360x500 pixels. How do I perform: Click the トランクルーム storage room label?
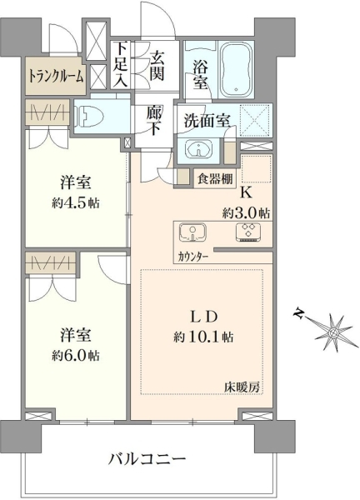click(57, 76)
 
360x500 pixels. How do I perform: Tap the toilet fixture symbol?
click(89, 115)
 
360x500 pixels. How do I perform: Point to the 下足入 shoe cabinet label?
click(121, 64)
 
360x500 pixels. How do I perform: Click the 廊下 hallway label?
click(154, 121)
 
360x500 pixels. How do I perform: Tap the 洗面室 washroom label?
click(207, 121)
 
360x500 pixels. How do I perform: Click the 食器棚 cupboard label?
click(215, 179)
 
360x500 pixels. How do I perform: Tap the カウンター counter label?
click(193, 257)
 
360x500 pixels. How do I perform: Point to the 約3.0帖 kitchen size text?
click(246, 212)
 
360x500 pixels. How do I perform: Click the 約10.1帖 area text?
click(203, 337)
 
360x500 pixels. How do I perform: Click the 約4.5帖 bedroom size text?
click(76, 203)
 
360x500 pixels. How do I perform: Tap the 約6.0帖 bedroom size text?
click(76, 355)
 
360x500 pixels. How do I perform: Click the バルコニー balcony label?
click(147, 459)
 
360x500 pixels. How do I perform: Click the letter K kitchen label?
click(247, 193)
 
